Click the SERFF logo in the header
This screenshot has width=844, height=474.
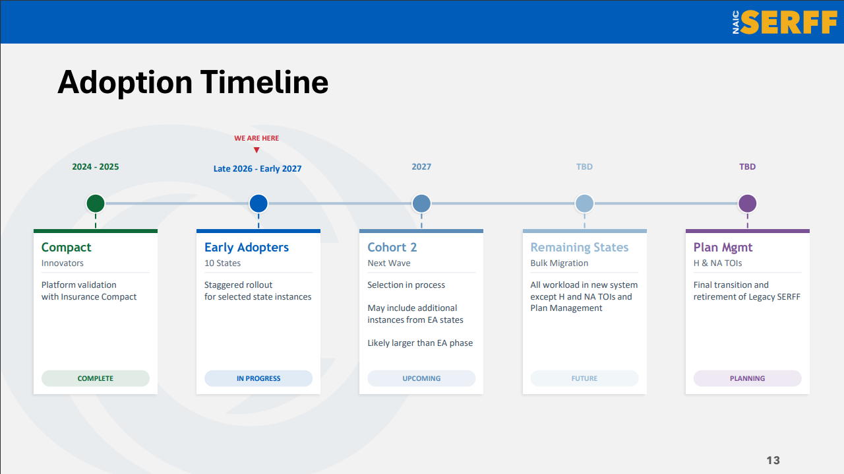click(785, 22)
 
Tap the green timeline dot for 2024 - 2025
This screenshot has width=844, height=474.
click(96, 203)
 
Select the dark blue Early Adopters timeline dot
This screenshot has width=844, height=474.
click(258, 203)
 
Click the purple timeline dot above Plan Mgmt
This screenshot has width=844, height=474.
click(748, 203)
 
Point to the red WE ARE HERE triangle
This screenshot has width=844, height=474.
click(256, 151)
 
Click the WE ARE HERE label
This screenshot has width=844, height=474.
click(256, 138)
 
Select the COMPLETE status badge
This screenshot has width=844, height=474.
click(96, 378)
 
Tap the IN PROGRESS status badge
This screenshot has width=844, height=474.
click(258, 378)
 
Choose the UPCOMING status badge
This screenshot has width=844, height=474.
click(421, 378)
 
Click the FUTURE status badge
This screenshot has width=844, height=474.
click(584, 378)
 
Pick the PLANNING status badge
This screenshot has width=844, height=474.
click(748, 378)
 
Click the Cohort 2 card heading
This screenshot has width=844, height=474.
click(392, 247)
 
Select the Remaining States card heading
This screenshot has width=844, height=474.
click(580, 247)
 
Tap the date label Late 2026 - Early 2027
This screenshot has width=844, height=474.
click(257, 169)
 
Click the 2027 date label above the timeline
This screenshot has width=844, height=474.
click(421, 167)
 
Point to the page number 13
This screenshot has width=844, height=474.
click(773, 460)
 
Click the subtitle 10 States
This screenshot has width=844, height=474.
click(222, 263)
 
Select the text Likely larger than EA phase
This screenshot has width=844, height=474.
click(420, 343)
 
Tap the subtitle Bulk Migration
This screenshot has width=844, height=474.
click(559, 263)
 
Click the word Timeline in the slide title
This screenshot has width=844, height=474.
click(264, 82)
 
